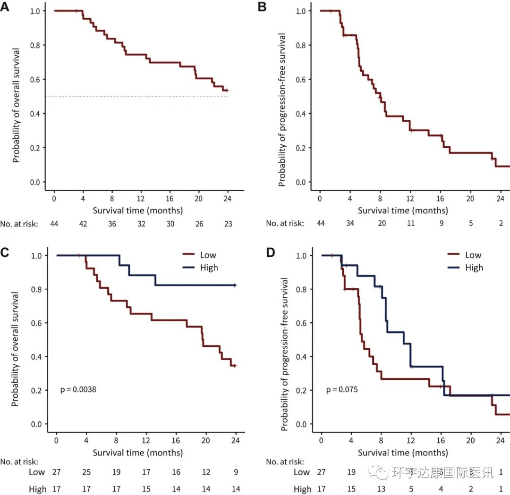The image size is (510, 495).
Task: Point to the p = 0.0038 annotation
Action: (78, 390)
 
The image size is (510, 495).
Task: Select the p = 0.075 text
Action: (342, 390)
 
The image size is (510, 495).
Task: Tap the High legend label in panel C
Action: (209, 268)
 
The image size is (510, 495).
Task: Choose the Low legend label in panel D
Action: (473, 255)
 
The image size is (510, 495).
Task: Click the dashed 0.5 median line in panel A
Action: (142, 97)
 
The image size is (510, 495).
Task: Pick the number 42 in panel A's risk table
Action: (83, 224)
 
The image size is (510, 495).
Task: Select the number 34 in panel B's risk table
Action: (350, 224)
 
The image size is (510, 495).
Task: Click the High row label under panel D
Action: (302, 489)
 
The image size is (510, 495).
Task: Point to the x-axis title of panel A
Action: (137, 210)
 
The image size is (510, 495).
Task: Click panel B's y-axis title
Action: (283, 109)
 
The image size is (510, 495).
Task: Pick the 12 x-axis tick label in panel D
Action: (411, 441)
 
